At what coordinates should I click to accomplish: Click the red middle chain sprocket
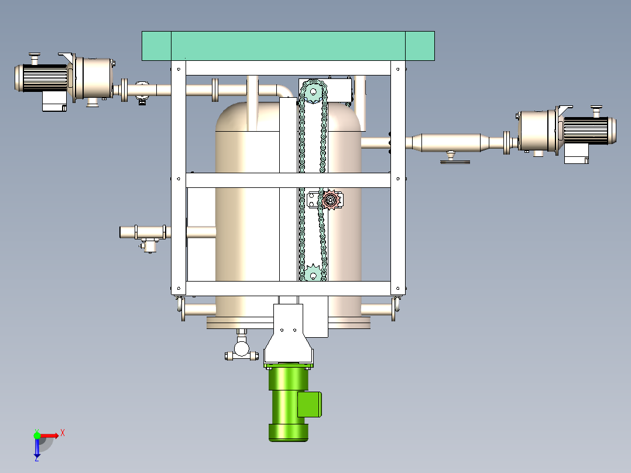(x=331, y=200)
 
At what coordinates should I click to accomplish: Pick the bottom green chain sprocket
(x=313, y=273)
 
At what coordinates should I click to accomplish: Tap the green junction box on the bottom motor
(x=310, y=404)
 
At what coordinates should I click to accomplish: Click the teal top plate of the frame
(x=288, y=46)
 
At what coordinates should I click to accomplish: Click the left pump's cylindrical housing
(x=94, y=78)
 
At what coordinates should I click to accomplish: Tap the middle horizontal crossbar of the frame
(x=288, y=180)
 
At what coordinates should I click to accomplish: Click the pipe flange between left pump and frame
(x=124, y=90)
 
